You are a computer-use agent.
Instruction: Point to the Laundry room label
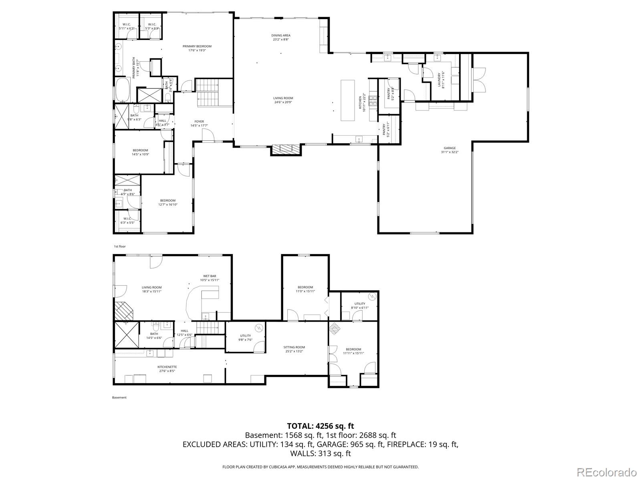click(x=439, y=79)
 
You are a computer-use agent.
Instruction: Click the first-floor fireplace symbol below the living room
click(x=286, y=149)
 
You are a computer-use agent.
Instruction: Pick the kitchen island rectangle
click(x=348, y=100)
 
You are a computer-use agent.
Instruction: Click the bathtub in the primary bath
click(x=122, y=90)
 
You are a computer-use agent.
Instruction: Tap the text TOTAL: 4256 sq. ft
click(x=320, y=426)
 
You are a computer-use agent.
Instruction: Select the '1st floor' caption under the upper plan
click(x=120, y=246)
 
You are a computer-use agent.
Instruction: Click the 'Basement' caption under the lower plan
click(x=119, y=397)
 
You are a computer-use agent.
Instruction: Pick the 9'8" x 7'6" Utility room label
click(x=246, y=338)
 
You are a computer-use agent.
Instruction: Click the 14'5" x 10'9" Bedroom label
click(x=140, y=152)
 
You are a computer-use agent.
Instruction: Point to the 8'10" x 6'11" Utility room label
click(x=359, y=305)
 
